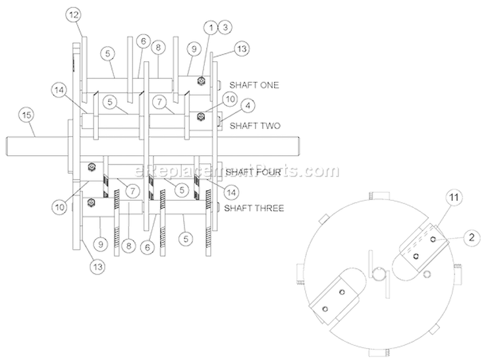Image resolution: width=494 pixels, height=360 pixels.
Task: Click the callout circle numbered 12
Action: click(x=74, y=14)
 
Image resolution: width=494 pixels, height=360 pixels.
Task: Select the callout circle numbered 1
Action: click(x=210, y=28)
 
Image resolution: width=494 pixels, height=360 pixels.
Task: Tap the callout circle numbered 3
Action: click(x=225, y=28)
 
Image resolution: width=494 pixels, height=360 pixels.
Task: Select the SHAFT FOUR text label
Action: click(x=254, y=172)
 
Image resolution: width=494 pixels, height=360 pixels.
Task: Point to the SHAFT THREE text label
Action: click(x=254, y=208)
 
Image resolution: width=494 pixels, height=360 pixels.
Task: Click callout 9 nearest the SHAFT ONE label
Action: click(x=194, y=48)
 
